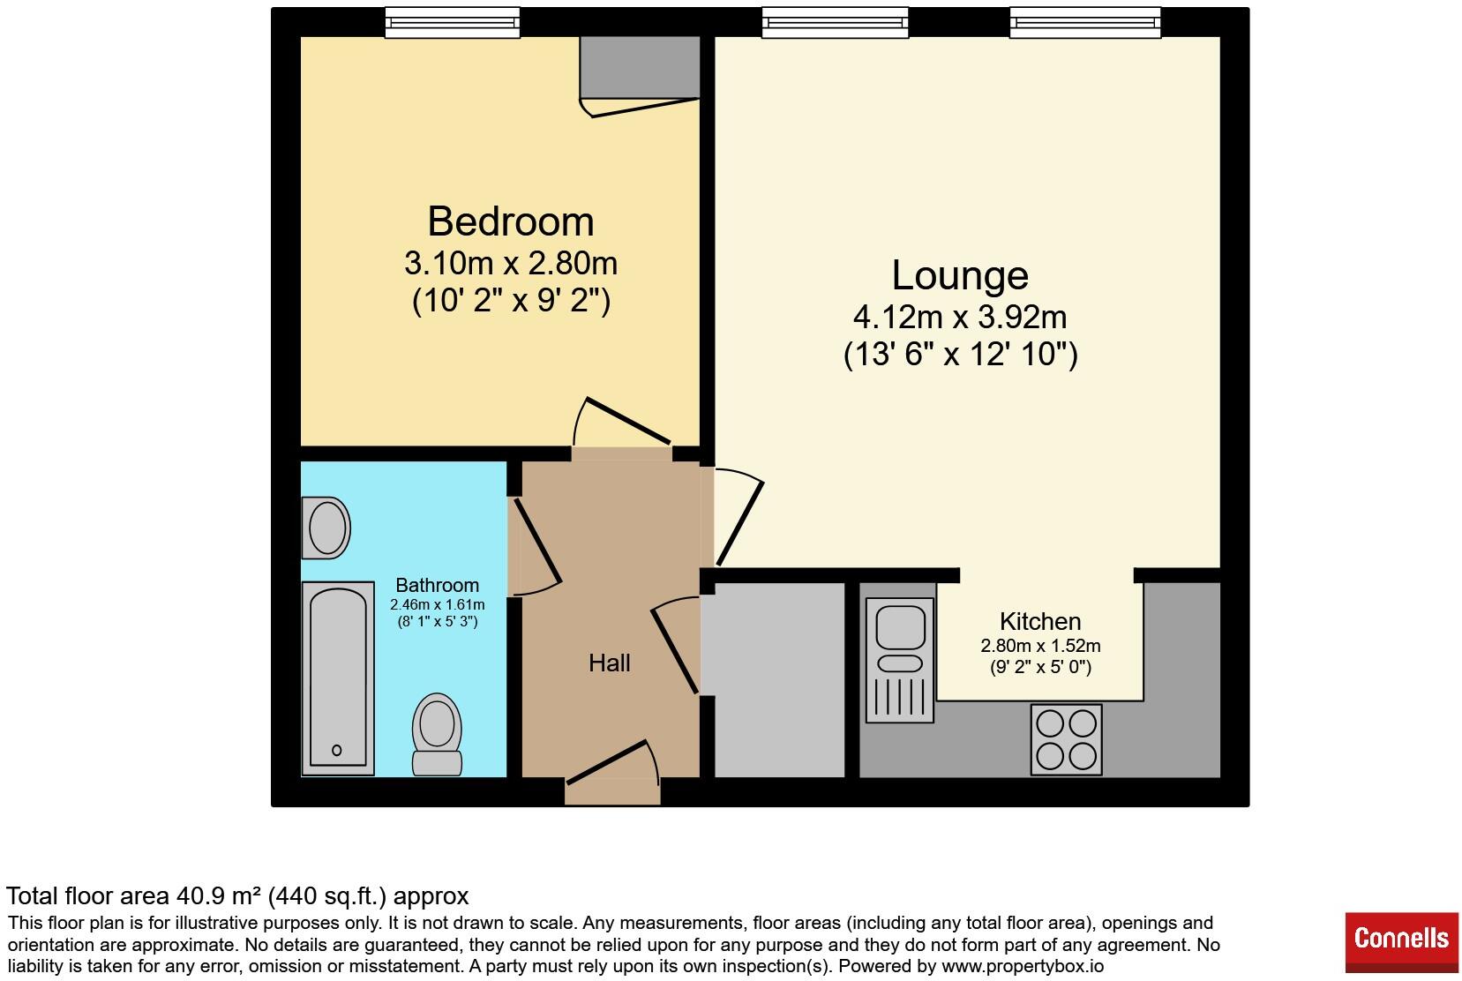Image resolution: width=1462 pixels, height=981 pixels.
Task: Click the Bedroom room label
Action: click(x=510, y=221)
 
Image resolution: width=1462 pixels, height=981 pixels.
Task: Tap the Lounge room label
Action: click(x=960, y=275)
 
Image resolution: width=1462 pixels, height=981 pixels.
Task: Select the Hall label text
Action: click(x=609, y=663)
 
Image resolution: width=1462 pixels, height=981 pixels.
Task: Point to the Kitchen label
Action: click(x=1040, y=621)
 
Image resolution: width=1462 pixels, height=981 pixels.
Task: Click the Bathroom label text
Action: click(x=437, y=585)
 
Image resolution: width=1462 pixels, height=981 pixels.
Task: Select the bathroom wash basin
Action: click(x=326, y=528)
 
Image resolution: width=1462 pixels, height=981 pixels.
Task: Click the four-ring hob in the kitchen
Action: click(x=1066, y=739)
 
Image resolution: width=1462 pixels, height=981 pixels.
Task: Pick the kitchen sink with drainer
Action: click(x=900, y=659)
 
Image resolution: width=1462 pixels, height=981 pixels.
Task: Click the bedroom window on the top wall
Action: click(x=452, y=22)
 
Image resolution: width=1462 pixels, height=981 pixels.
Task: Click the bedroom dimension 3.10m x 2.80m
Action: click(x=510, y=263)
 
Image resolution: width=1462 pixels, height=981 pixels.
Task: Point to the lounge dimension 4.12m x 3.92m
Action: click(x=960, y=316)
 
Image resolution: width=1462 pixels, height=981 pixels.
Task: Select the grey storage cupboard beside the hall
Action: click(x=778, y=679)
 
